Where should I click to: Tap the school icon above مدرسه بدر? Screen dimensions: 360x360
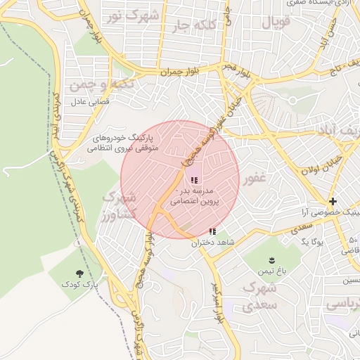pos(194,181)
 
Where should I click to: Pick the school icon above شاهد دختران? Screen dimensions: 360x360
pos(212,232)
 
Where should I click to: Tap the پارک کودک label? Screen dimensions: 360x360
pos(80,285)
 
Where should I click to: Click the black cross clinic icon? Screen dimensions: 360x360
pos(333,202)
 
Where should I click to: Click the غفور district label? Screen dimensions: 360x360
pos(254,179)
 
